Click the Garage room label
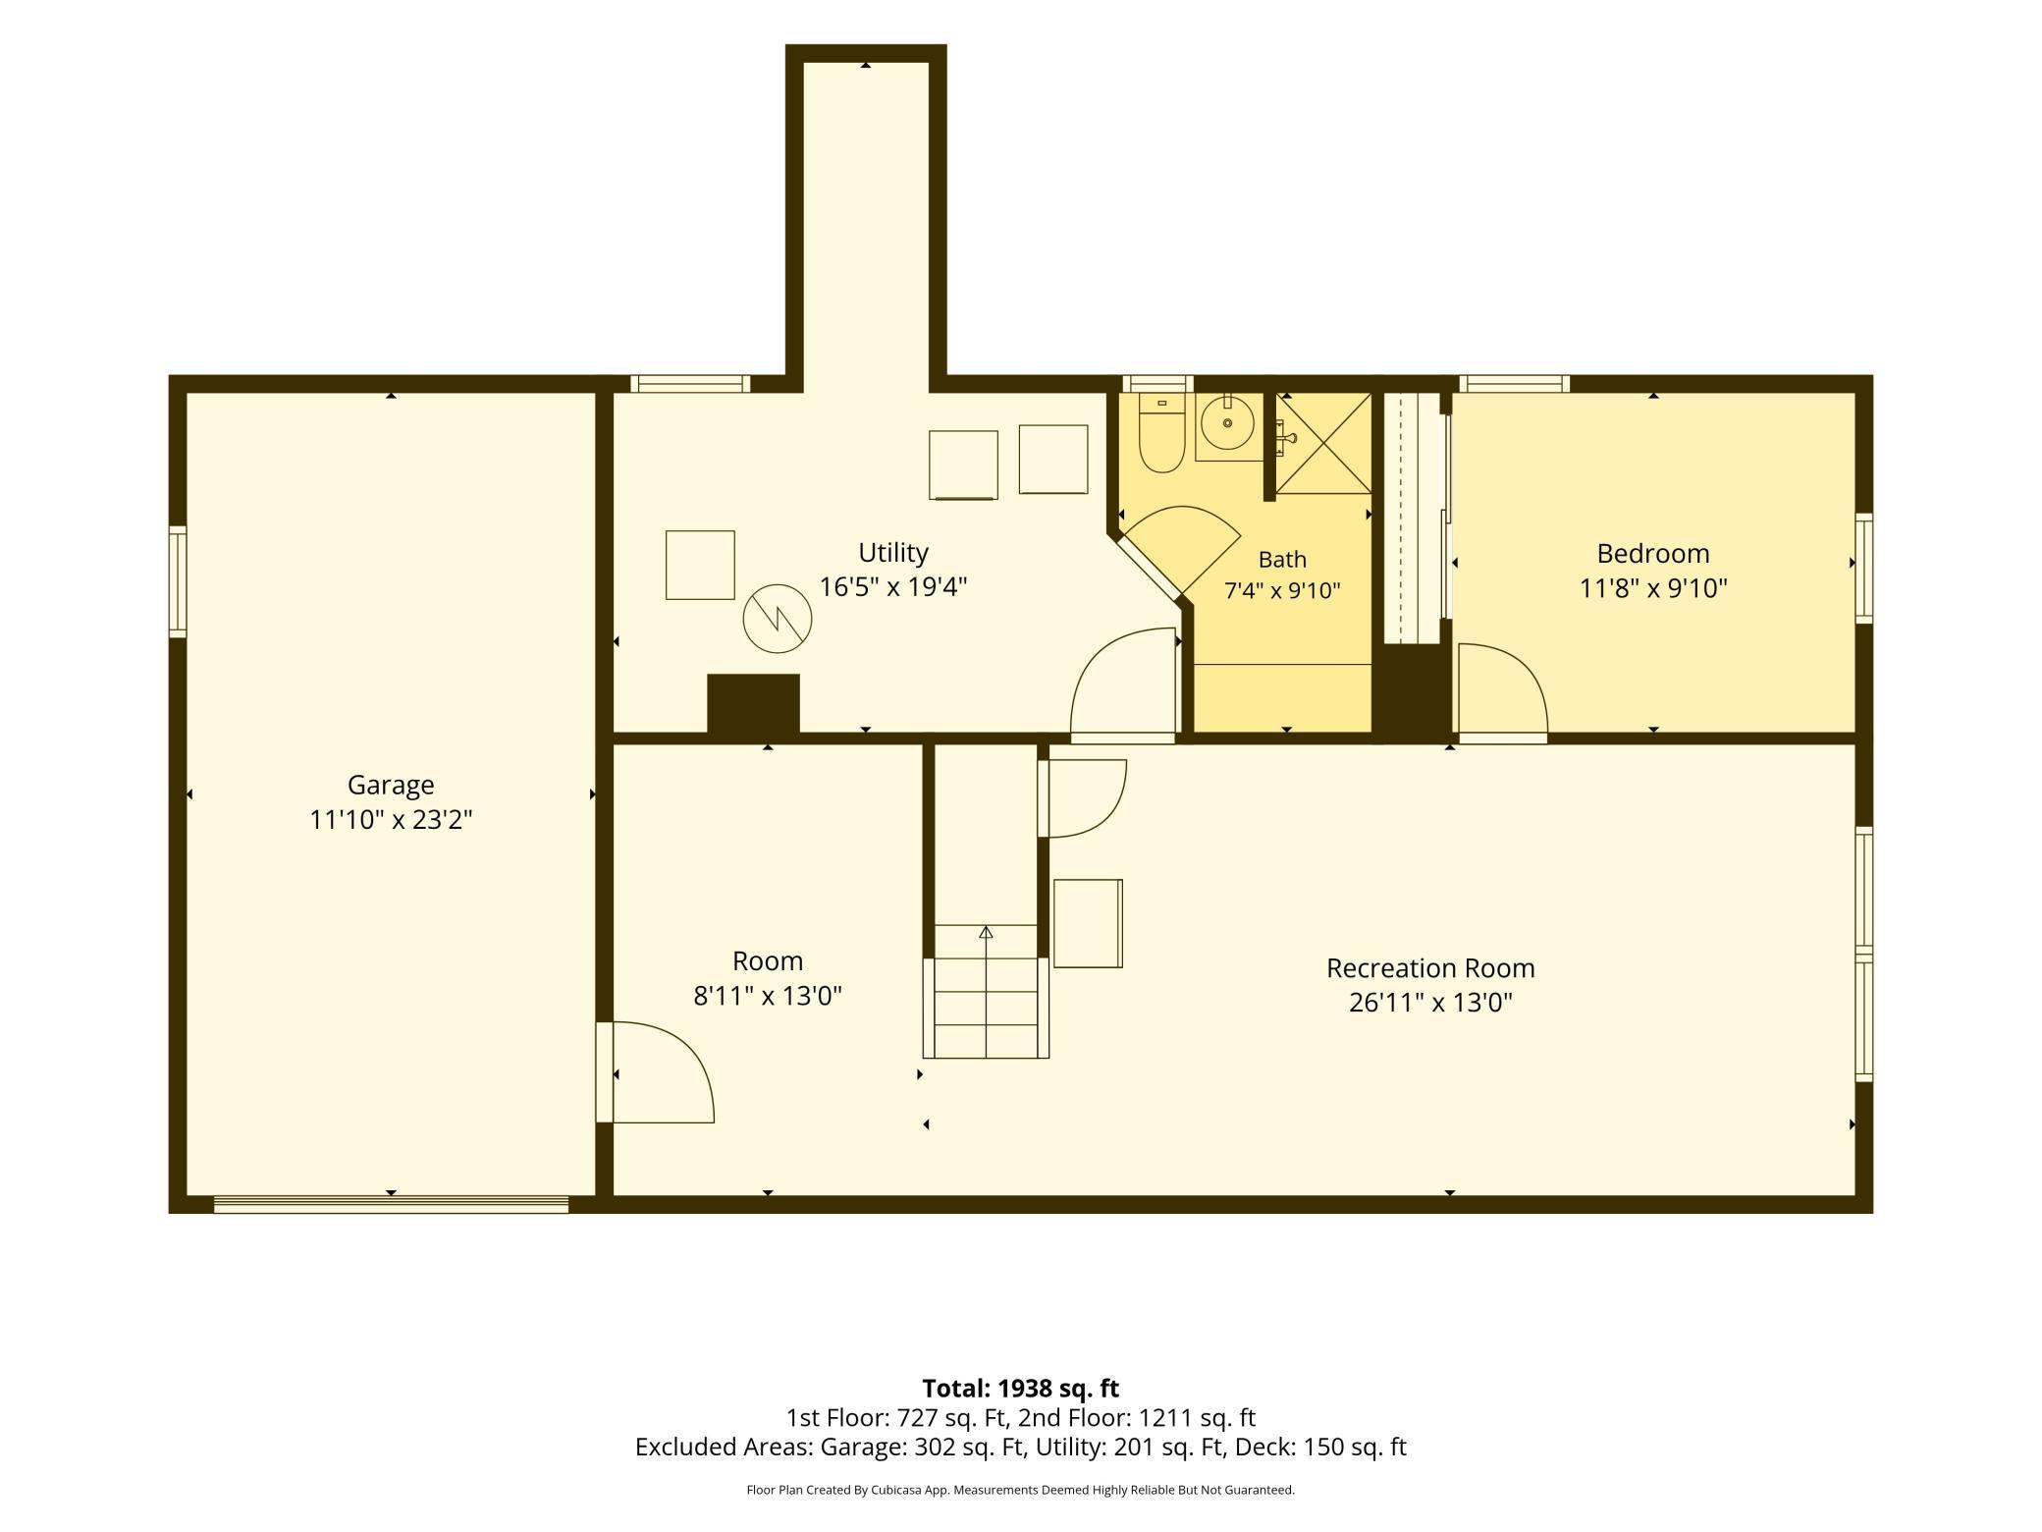pos(390,785)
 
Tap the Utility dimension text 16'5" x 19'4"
pos(893,586)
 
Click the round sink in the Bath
pos(1227,423)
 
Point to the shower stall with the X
pos(1323,443)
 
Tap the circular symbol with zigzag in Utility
pos(778,619)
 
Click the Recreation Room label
pos(1430,968)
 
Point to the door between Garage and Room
pos(655,1072)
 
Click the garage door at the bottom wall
pos(391,1205)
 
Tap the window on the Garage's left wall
pos(178,581)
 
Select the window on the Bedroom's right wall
pos(1863,568)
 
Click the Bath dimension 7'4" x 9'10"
pos(1282,590)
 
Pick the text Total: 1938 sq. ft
pos(1021,1389)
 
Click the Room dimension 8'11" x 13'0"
pos(768,996)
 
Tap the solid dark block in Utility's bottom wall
pos(753,703)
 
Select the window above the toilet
pos(1157,384)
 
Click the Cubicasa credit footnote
pos(1021,1490)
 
